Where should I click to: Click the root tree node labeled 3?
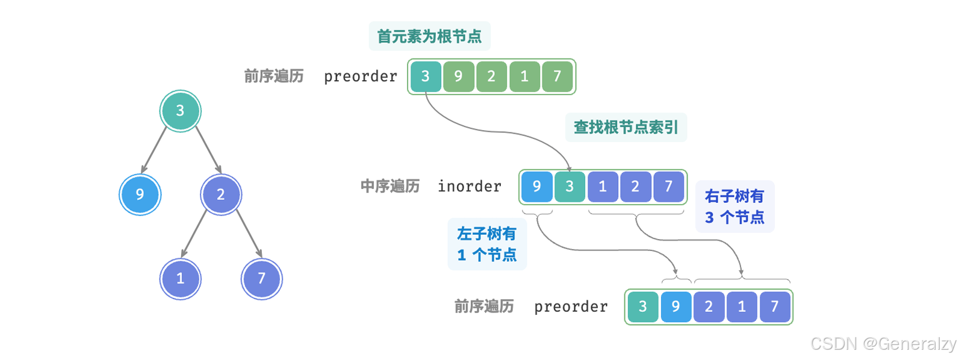pos(180,111)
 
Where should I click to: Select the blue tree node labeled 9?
pos(140,194)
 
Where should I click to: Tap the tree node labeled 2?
pos(221,194)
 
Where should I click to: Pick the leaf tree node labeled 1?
pos(180,278)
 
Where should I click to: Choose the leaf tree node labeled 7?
pos(261,278)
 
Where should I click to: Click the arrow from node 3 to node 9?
pos(154,150)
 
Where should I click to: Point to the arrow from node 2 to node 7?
pos(248,234)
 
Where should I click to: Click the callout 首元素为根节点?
pos(429,36)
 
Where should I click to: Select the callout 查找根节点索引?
pos(625,127)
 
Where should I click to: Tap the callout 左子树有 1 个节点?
pos(487,244)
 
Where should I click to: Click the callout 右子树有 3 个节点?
pos(734,206)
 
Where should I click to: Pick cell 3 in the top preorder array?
pos(426,76)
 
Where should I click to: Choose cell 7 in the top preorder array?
pos(557,76)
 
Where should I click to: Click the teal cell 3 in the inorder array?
pos(570,187)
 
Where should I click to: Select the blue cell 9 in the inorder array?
pos(536,187)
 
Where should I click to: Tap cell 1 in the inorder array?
pos(603,187)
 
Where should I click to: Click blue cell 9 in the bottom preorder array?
pos(675,306)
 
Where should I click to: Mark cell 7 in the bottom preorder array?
pos(775,306)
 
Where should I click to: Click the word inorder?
pos(470,187)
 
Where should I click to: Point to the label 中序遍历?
pos(390,187)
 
